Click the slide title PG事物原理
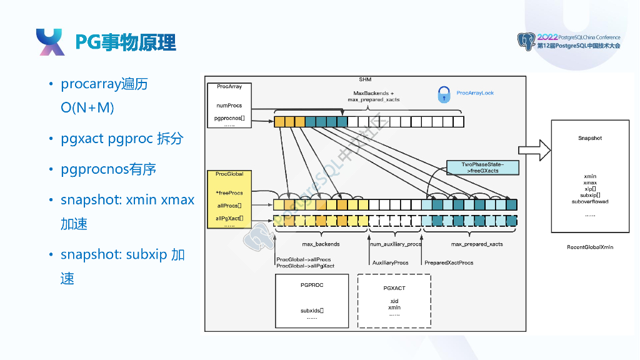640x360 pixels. [125, 42]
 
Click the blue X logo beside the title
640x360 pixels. [50, 42]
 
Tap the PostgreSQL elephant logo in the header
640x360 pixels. [526, 42]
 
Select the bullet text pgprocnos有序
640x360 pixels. [108, 169]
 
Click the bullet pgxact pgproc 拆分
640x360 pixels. [122, 139]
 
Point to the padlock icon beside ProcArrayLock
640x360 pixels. [444, 94]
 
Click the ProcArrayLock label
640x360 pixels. [475, 93]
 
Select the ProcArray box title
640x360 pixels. [229, 86]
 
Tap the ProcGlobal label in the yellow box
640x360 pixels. [229, 174]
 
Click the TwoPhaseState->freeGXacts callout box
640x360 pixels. [482, 167]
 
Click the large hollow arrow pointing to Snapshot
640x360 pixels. [535, 149]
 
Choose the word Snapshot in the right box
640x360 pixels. [590, 138]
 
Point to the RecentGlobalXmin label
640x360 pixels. [589, 247]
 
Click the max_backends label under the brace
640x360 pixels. [321, 244]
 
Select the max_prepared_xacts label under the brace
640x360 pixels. [477, 244]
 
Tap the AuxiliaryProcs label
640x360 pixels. [390, 263]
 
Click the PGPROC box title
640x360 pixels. [312, 285]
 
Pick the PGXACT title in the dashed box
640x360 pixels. [394, 288]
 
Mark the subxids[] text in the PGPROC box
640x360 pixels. [312, 310]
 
